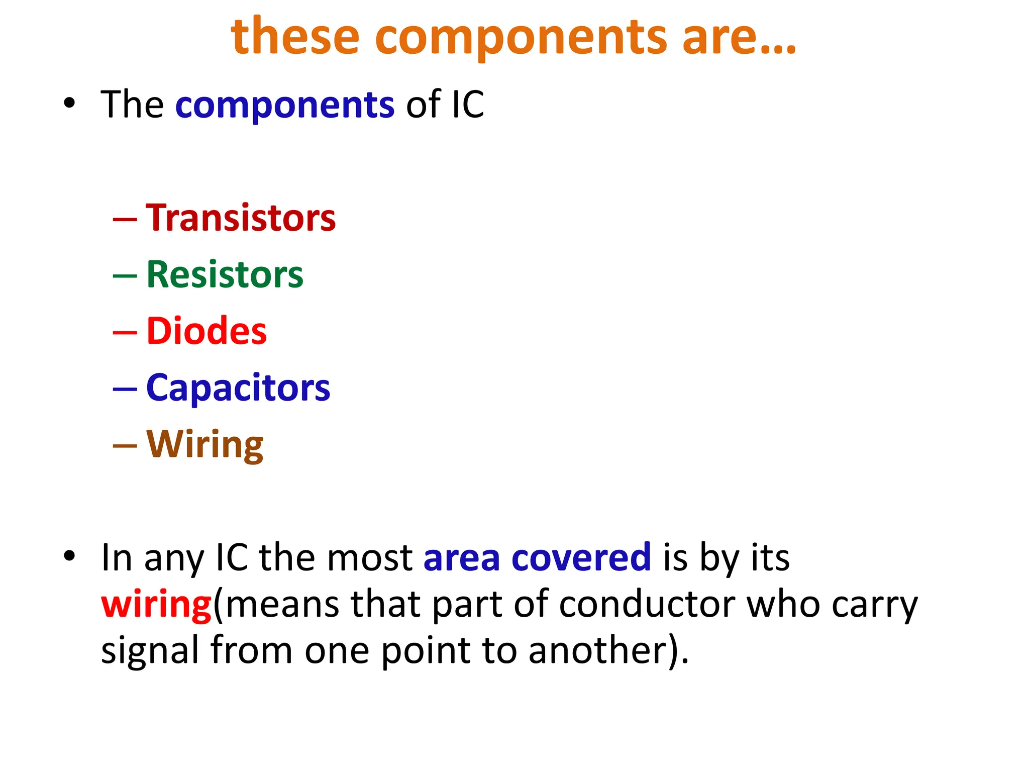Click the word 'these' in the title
tap(295, 36)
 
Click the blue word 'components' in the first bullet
tap(285, 106)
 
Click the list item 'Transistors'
tap(241, 218)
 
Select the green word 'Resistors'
tap(225, 275)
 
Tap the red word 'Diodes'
tap(207, 331)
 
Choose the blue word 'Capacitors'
tap(238, 389)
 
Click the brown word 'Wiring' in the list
tap(204, 445)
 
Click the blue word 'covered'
tap(581, 558)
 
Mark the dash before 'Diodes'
tap(125, 332)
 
